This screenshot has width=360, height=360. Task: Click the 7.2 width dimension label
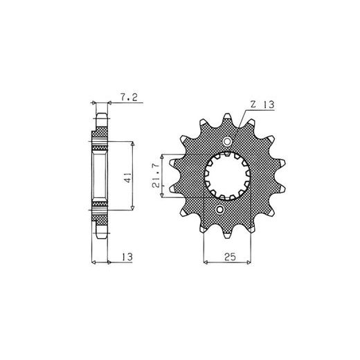coord(129,98)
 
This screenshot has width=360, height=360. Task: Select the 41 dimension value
coord(128,177)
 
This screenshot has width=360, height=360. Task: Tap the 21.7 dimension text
coord(156,175)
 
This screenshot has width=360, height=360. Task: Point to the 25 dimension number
coord(230,257)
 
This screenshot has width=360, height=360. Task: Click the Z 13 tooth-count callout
coord(262,105)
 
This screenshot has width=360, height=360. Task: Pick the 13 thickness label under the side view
coord(127,257)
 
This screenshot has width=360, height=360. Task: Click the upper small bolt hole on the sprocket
coord(227,141)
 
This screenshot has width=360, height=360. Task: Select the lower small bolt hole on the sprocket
coord(220,209)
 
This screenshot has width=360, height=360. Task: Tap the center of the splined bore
coord(228,176)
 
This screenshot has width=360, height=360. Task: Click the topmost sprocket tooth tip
coord(227,114)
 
